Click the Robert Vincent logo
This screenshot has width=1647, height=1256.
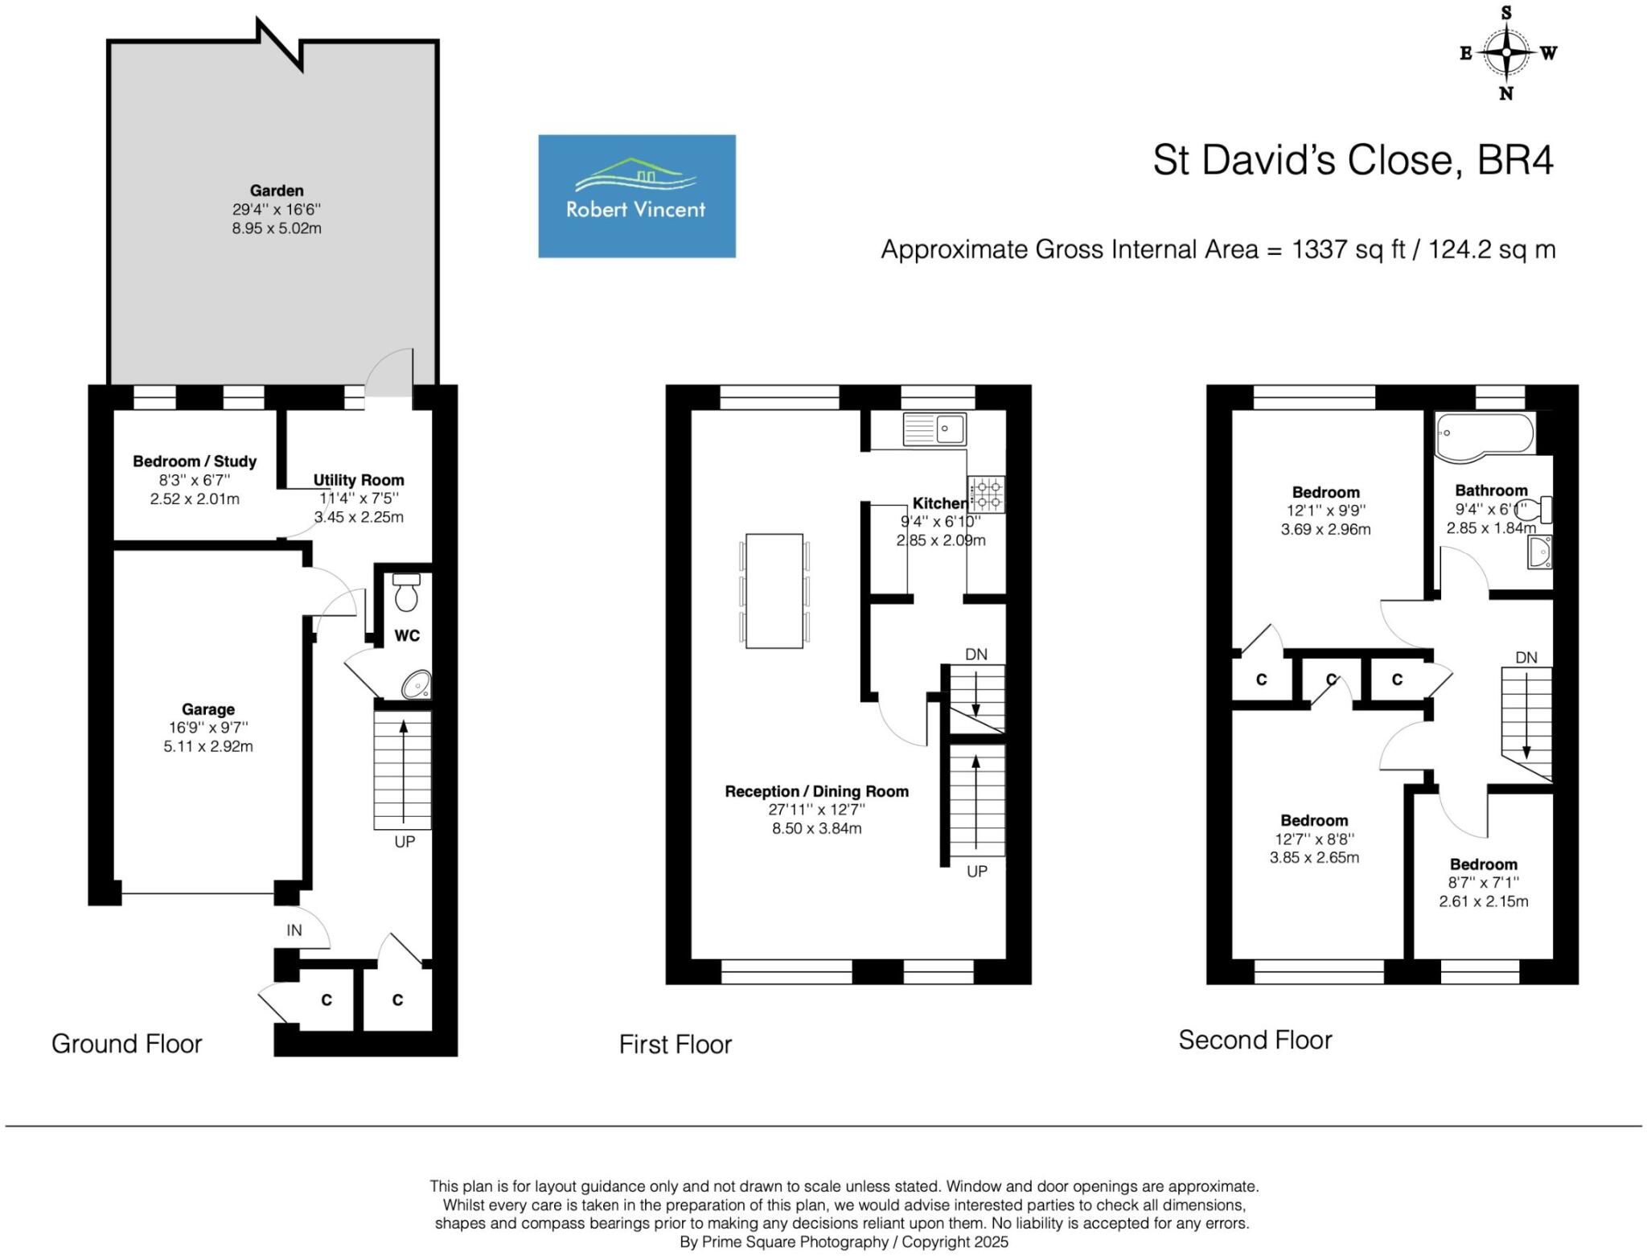pos(636,195)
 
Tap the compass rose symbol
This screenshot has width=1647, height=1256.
pos(1506,53)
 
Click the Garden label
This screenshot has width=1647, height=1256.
pos(277,191)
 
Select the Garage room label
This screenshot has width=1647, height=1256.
pos(208,709)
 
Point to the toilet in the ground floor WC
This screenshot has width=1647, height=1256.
pos(406,593)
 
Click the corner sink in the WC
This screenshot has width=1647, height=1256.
pos(417,685)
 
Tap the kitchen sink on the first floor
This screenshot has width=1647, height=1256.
pos(934,429)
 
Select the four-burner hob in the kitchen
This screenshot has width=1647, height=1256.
pos(986,495)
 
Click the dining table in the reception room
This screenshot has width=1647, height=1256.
pos(774,590)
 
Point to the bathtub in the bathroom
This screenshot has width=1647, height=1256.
pos(1485,437)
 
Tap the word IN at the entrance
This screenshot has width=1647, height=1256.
pos(294,930)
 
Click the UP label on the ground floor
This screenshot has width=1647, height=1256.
pos(405,842)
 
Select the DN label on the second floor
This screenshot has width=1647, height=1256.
pos(1526,658)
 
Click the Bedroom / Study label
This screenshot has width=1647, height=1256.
pos(195,462)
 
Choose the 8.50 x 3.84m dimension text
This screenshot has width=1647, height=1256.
pos(816,828)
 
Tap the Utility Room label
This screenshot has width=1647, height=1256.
pos(359,480)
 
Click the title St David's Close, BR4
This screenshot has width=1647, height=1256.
pos(1353,160)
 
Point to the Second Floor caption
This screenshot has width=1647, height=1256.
pos(1255,1040)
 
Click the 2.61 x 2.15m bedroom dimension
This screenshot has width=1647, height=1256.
pos(1483,901)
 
